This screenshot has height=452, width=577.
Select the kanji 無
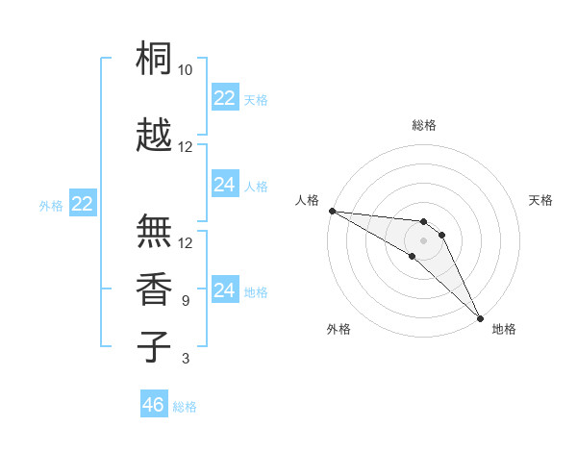[x=155, y=231]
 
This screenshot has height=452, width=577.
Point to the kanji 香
[x=155, y=289]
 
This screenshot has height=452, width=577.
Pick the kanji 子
[x=155, y=346]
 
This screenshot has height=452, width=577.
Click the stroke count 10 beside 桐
[x=186, y=70]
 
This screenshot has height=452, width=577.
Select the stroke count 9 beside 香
[x=186, y=301]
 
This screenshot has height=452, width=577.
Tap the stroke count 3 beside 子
[x=186, y=359]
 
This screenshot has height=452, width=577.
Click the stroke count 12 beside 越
[x=186, y=147]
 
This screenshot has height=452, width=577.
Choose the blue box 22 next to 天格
[x=225, y=98]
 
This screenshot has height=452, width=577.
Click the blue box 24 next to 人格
[x=225, y=185]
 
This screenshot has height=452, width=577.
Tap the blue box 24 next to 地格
[x=225, y=290]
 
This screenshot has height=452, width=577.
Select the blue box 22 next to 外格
[x=83, y=204]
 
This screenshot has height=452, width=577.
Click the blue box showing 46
[x=154, y=405]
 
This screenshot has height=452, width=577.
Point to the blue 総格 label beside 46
[x=185, y=407]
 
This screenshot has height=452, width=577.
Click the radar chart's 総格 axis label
[x=424, y=126]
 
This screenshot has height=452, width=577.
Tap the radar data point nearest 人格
[x=332, y=211]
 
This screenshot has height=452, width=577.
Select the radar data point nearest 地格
[x=479, y=316]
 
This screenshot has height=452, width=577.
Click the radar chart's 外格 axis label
[x=339, y=329]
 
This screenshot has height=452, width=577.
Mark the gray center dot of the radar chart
[x=423, y=240]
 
